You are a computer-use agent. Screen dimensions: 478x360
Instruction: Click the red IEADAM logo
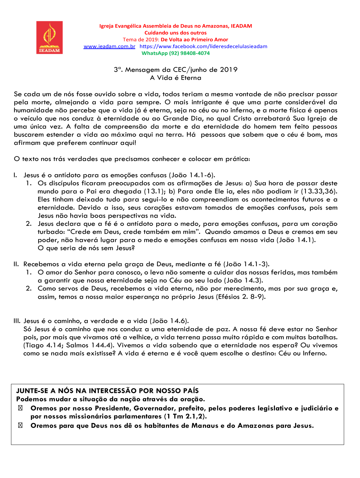tap(49, 38)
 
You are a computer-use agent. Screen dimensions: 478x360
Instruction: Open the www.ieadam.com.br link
tap(109, 46)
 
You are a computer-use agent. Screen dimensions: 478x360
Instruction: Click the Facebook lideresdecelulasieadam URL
tap(203, 46)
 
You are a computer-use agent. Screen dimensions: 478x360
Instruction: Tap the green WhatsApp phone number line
tap(176, 53)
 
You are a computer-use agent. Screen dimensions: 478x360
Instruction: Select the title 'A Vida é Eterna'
tap(176, 78)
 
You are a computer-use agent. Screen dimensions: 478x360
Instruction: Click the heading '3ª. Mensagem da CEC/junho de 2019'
tap(176, 70)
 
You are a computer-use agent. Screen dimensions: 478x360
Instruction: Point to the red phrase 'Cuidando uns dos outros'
tap(176, 33)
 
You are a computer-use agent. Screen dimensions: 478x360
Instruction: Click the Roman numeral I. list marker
tap(15, 175)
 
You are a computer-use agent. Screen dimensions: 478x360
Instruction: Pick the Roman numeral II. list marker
tap(16, 264)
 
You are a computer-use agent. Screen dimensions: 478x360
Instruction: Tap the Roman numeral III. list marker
tap(17, 321)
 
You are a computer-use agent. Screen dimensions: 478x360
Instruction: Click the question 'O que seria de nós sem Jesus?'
tap(86, 248)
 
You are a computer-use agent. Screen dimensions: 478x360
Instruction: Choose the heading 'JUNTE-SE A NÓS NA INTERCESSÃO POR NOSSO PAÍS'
tap(107, 391)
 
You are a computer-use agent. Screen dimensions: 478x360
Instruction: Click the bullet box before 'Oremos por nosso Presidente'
tap(20, 408)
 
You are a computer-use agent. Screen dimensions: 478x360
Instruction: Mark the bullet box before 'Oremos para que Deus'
tap(20, 426)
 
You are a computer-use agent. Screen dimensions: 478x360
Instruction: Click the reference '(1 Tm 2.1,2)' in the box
tap(185, 416)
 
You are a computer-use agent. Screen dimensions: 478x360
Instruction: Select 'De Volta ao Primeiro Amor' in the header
tap(194, 40)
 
